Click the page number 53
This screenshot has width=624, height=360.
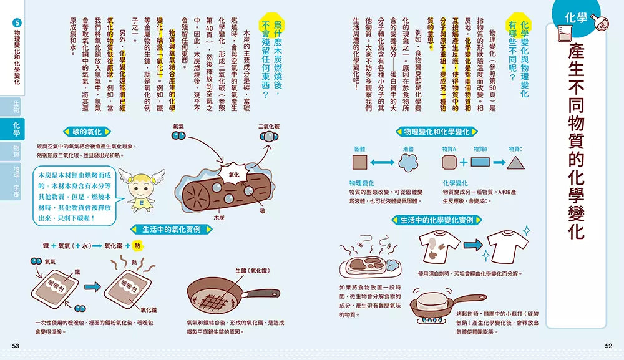(x=16, y=346)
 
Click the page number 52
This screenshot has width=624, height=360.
(x=609, y=346)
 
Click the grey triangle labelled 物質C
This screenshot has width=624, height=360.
(x=515, y=162)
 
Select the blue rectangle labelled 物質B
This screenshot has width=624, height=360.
(x=480, y=163)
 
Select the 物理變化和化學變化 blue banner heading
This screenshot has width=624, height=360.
(x=436, y=132)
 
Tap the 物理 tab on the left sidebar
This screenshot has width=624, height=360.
(x=16, y=151)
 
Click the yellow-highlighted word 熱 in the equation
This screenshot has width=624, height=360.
(x=137, y=246)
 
